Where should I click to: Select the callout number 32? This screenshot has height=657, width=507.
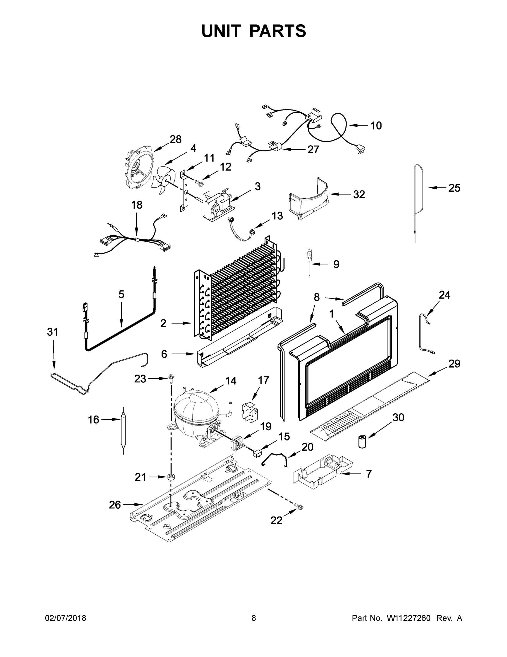pyautogui.click(x=359, y=194)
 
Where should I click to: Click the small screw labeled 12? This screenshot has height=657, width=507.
pyautogui.click(x=198, y=182)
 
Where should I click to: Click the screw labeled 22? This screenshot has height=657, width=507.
pyautogui.click(x=299, y=507)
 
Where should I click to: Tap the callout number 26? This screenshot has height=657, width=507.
pyautogui.click(x=115, y=505)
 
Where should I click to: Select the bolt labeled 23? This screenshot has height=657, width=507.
pyautogui.click(x=171, y=378)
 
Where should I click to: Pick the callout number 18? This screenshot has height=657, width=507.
pyautogui.click(x=137, y=205)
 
